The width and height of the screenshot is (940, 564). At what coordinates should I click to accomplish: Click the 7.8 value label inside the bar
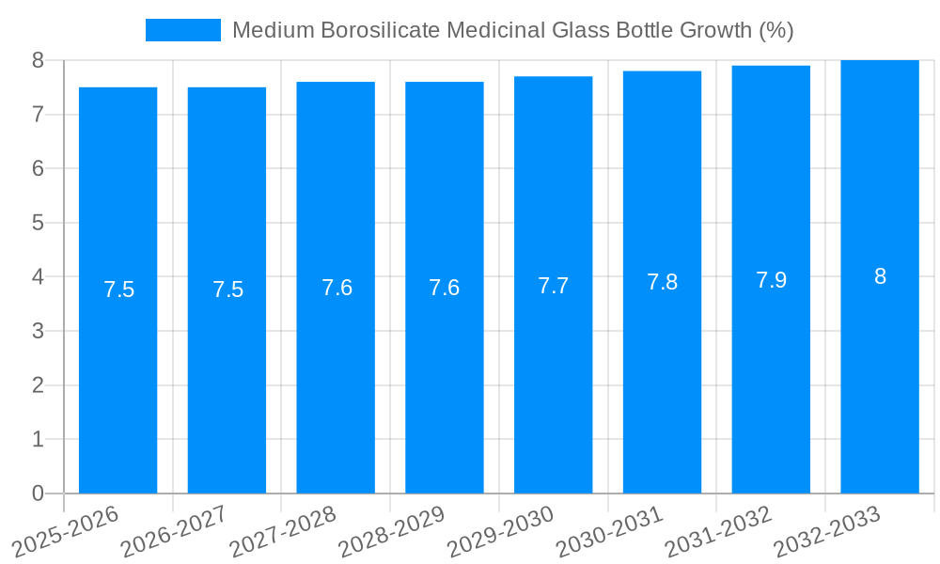pos(662,282)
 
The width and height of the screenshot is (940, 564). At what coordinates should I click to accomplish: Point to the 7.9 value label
pos(771,280)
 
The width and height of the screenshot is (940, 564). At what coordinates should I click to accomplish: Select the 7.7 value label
pos(553,286)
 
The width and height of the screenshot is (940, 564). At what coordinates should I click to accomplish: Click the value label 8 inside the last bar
pos(880,276)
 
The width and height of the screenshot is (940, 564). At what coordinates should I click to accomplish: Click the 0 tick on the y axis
pos(38,493)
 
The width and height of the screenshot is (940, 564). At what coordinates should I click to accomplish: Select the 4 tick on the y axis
pos(38,277)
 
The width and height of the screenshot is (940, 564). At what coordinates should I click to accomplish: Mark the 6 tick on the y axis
pos(38,169)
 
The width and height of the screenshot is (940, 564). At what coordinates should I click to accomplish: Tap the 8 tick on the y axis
pos(38,60)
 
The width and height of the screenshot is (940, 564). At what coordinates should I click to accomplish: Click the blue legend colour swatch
pos(182,30)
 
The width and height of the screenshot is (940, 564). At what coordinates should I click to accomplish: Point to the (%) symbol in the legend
pos(775,30)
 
